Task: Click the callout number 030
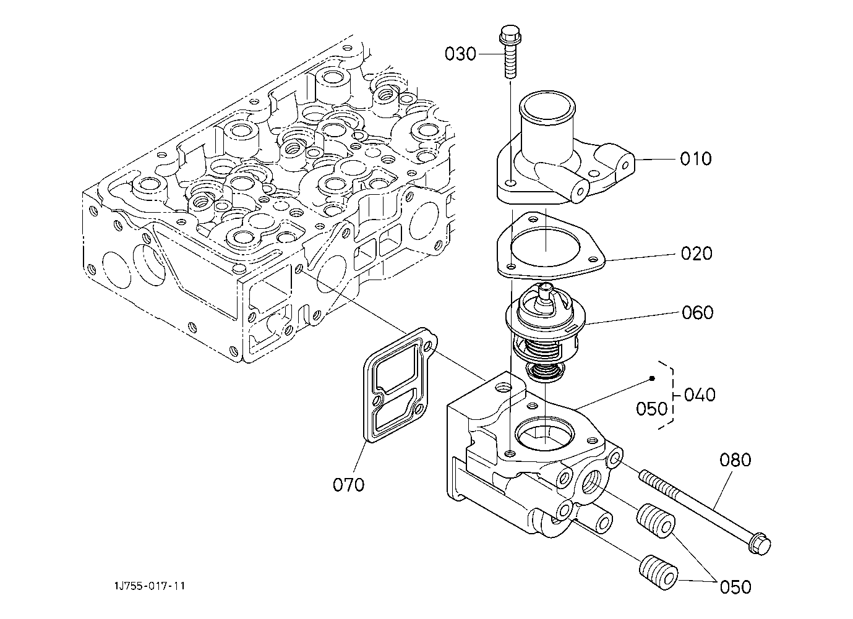tap(460, 54)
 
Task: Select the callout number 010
tap(696, 159)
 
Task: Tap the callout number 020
tap(697, 254)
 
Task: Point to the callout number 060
tap(698, 312)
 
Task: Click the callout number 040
tap(700, 395)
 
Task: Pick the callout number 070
tap(348, 485)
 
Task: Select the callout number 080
tap(735, 460)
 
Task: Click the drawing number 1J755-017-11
tap(150, 586)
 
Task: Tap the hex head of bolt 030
tap(510, 33)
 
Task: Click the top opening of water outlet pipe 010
tap(547, 106)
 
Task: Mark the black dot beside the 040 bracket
tap(652, 378)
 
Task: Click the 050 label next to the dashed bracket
tap(652, 409)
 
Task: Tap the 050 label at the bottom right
tap(735, 587)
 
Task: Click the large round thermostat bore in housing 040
tap(546, 433)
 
